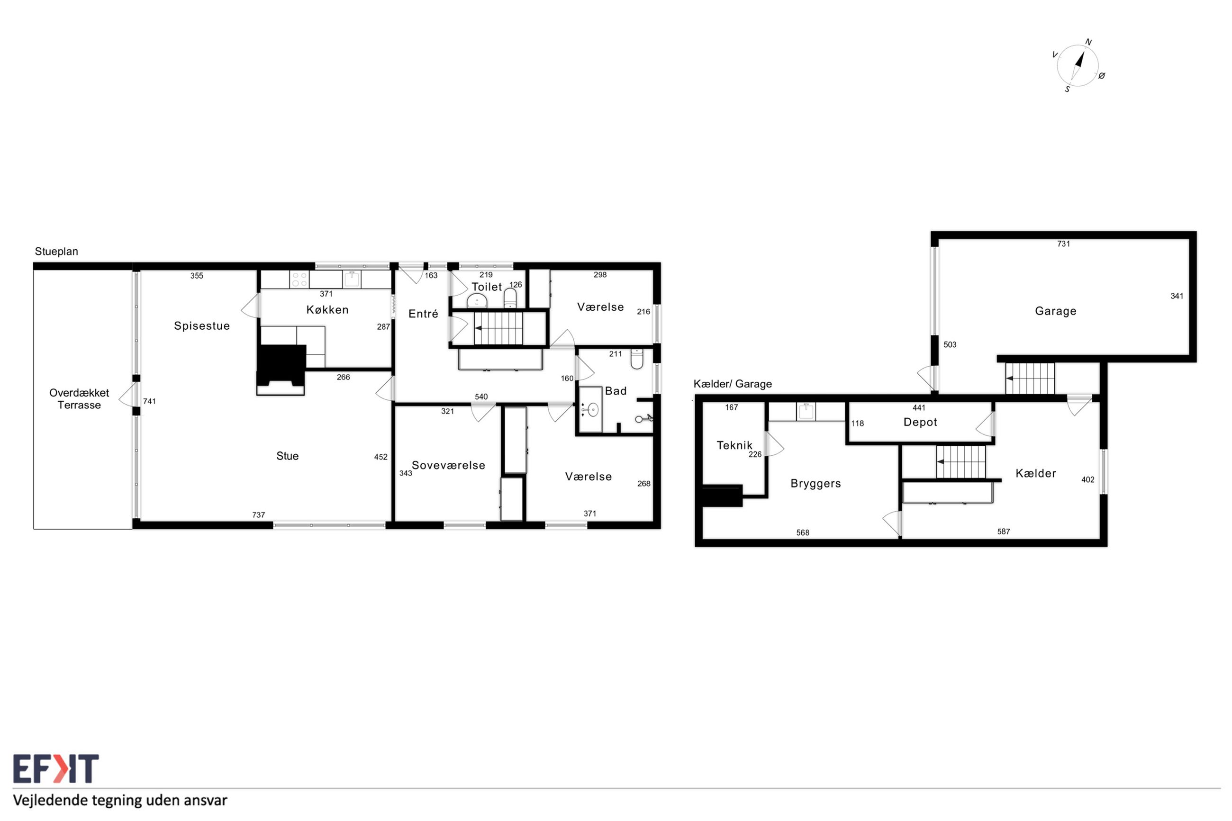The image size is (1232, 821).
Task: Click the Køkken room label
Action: coord(327,310)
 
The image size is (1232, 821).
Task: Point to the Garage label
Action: coord(1056,312)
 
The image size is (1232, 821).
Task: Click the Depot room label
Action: coord(920,423)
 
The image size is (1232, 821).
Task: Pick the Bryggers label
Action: coord(815,484)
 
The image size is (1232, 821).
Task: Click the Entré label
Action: coord(423,314)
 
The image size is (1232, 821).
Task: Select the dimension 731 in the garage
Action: coord(1063,244)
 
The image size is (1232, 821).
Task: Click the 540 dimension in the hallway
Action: coord(481,397)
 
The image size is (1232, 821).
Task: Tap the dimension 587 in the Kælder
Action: coord(1003,532)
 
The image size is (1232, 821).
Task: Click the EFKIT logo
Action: coord(55,768)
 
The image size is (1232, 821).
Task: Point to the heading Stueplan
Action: coord(56,252)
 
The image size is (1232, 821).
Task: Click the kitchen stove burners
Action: coord(299,279)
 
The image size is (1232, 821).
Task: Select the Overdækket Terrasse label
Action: coord(79,399)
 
